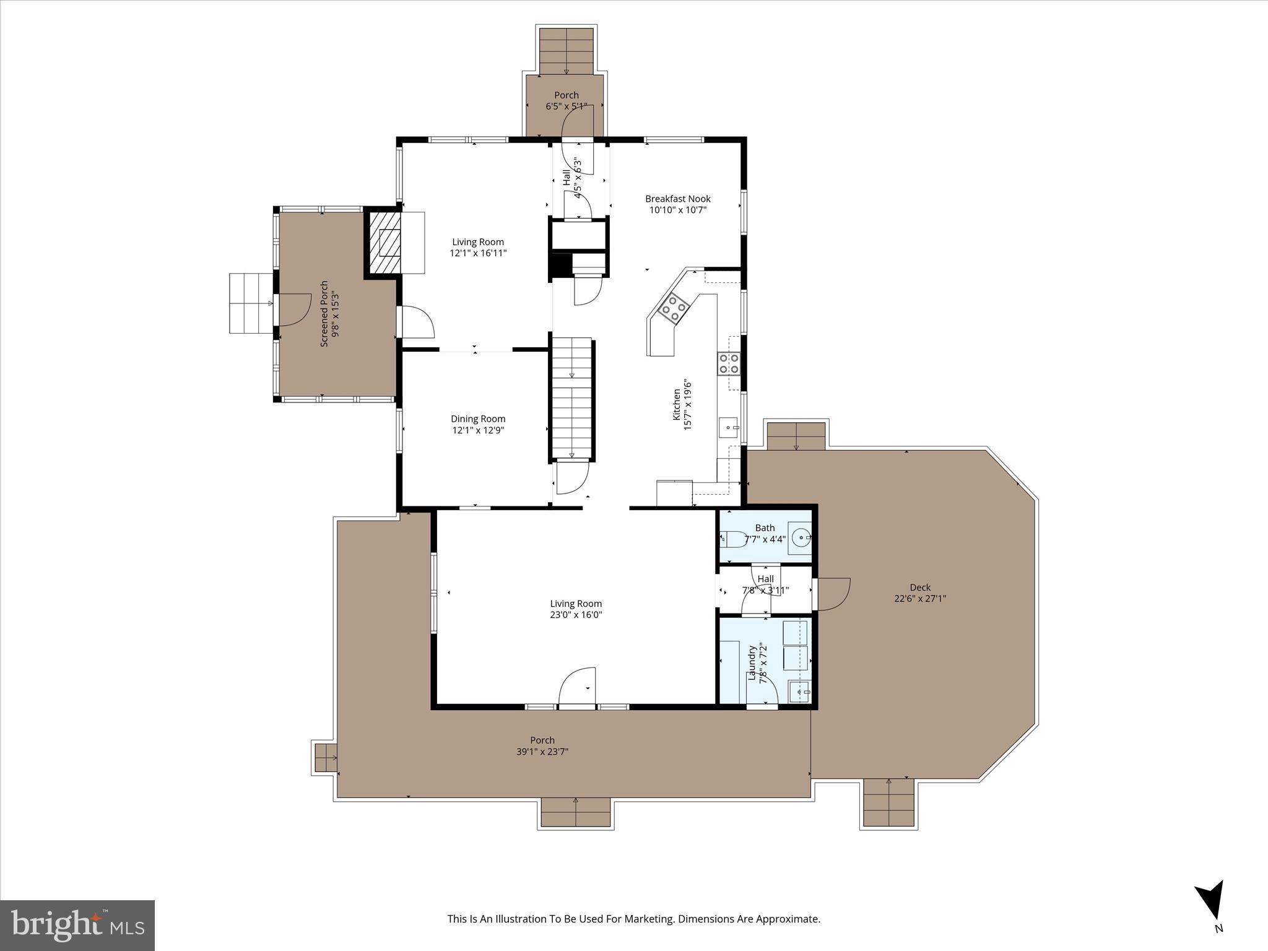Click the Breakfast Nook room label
coord(677,199)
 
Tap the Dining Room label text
coord(478,419)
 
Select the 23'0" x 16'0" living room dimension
coord(576,615)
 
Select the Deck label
coord(920,588)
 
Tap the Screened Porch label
coord(324,313)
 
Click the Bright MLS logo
coord(77,925)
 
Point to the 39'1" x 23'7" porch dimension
coord(542,752)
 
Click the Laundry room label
coord(752,664)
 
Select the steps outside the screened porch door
coord(250,303)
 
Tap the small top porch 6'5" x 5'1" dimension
coord(566,106)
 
